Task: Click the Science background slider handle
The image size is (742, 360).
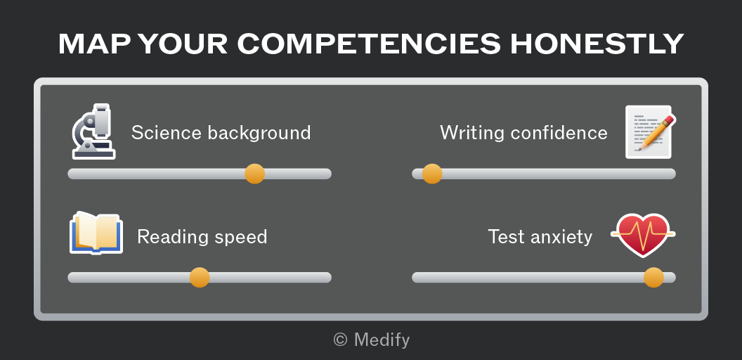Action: point(254,174)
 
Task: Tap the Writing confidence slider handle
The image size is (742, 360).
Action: point(432,174)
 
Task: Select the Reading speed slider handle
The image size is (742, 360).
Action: point(200,278)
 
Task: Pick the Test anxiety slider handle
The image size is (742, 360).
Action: point(653,278)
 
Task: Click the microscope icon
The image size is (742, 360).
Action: point(93,131)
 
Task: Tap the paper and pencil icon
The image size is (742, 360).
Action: point(651,131)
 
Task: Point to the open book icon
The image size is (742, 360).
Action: point(96,233)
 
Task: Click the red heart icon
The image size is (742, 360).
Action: point(643,235)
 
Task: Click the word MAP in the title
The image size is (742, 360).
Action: point(95,44)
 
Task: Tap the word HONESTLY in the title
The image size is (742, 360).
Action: point(597,44)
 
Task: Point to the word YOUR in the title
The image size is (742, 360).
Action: point(183,44)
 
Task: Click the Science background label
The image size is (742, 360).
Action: point(221,133)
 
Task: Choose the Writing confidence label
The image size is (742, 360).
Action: point(524,133)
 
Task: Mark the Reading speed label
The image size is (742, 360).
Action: point(202,237)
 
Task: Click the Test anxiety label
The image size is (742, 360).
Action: point(540,237)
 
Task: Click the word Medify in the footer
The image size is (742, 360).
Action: point(382,340)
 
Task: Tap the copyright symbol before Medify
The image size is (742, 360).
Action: point(340,340)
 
